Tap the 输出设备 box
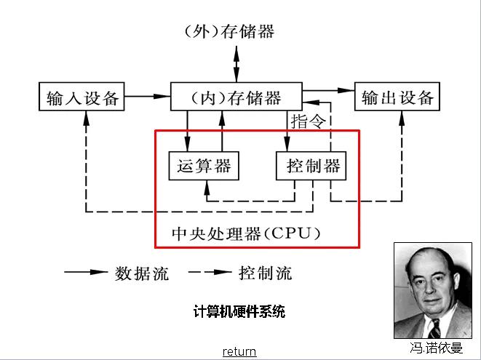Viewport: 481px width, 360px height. click(397, 97)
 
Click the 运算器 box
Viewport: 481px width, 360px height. click(204, 167)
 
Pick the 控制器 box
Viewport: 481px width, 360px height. click(311, 167)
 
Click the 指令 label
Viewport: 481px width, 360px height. click(306, 120)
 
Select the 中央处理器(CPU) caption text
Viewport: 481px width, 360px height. click(246, 233)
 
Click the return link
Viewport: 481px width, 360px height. click(239, 351)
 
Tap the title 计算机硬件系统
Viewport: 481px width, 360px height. click(239, 312)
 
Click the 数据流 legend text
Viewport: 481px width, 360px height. click(142, 273)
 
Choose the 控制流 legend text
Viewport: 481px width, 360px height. click(266, 273)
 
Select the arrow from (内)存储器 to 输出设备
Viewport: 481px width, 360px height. click(327, 90)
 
